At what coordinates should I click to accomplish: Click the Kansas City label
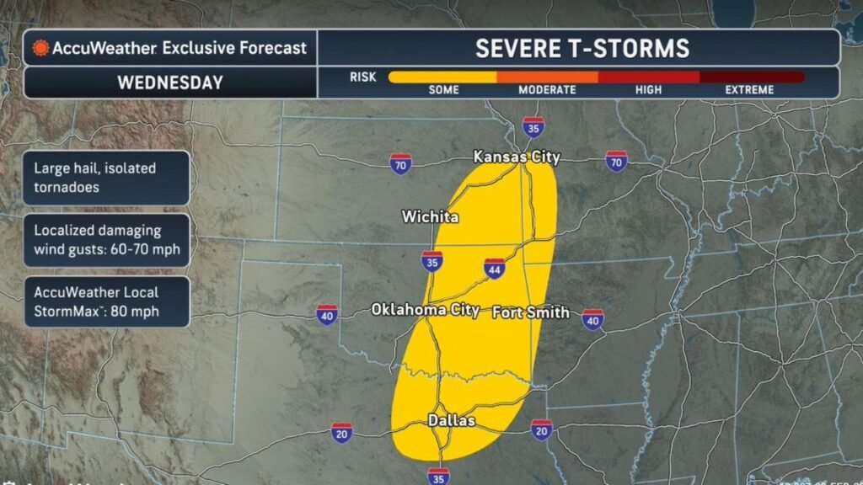516,157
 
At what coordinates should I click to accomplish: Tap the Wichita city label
430,217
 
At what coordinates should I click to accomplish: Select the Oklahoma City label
426,310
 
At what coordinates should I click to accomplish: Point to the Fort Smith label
530,312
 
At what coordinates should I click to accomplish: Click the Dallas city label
451,420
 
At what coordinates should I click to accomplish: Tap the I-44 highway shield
495,268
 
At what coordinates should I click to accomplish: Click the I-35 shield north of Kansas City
533,127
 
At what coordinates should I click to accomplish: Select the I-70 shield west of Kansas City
400,164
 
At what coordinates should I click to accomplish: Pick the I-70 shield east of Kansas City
617,162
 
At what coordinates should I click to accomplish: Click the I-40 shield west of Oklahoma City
327,314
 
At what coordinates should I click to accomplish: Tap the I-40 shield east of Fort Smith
592,319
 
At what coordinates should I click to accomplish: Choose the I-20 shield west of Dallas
341,433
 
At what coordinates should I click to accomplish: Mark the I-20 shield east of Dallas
541,429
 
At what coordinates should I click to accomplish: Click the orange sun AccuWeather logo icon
39,48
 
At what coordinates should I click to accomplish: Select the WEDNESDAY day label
169,83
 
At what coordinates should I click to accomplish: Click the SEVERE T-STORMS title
582,48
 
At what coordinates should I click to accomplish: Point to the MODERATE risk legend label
547,90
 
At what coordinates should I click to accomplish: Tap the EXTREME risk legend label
749,90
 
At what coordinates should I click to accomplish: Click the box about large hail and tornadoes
106,178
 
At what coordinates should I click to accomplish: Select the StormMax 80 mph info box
106,302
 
